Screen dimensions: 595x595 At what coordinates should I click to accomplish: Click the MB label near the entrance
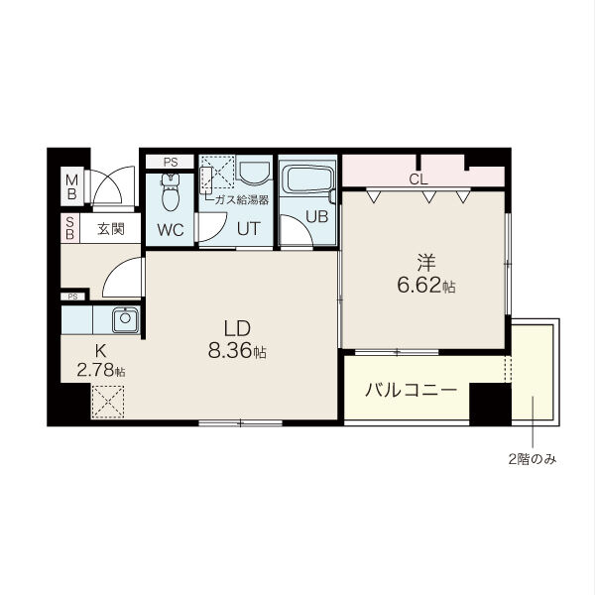(70, 185)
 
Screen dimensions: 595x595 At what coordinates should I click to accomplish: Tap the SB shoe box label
(70, 229)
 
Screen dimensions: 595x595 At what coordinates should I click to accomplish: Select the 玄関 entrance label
(110, 229)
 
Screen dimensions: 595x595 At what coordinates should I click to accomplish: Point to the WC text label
(170, 230)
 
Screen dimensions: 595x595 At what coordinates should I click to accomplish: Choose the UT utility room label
(247, 229)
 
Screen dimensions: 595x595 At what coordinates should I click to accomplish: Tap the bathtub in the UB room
(307, 181)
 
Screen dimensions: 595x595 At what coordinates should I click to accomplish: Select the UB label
(315, 217)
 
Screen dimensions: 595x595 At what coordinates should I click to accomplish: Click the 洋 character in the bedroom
(425, 263)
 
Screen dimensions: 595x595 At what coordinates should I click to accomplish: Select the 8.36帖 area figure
(237, 351)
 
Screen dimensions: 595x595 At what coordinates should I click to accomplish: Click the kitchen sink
(126, 320)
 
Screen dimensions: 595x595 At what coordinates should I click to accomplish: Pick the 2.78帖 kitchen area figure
(100, 371)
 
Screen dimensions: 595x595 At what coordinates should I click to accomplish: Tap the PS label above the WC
(171, 162)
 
